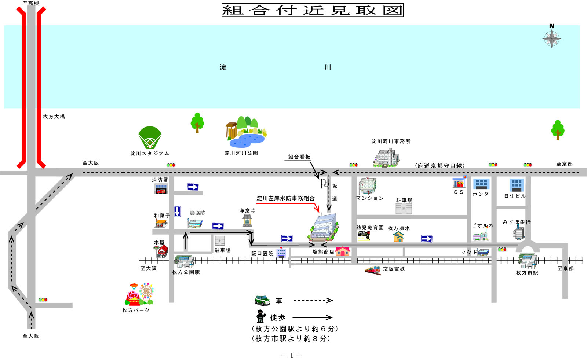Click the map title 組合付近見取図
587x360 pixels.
(312, 10)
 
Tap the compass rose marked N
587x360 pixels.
(551, 38)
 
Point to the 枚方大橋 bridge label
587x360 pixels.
(54, 117)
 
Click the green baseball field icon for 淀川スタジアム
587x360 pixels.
(150, 137)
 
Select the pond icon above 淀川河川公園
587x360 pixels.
(247, 140)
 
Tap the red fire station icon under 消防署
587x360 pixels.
(161, 189)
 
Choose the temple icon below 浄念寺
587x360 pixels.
(247, 221)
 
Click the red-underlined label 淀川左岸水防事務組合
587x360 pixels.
(285, 198)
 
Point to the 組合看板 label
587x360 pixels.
(299, 157)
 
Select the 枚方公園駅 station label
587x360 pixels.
(186, 272)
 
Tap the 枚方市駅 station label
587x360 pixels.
(527, 273)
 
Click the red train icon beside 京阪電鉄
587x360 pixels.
(372, 270)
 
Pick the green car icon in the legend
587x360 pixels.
(262, 300)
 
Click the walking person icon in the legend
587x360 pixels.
(260, 316)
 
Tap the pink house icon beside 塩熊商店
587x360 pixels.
(343, 251)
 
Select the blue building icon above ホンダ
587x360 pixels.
(481, 184)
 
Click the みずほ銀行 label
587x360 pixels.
(516, 222)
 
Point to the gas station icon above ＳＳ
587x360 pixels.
(459, 182)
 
